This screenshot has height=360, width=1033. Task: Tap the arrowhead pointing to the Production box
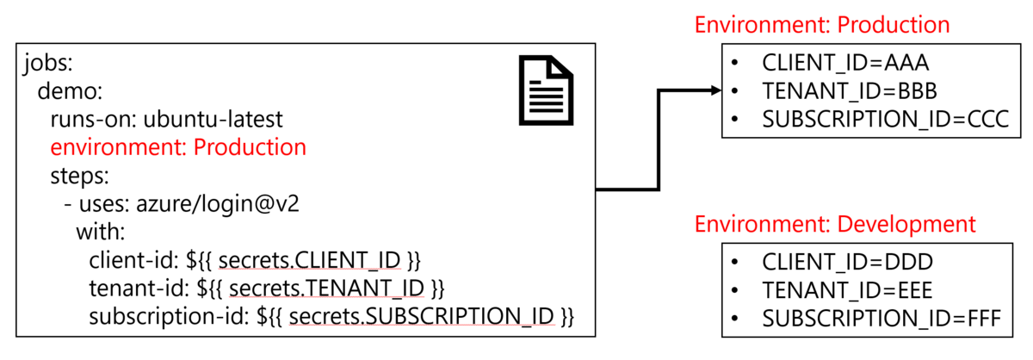click(714, 90)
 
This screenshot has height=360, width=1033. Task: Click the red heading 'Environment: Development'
click(835, 225)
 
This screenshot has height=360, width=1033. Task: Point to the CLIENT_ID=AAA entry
click(845, 63)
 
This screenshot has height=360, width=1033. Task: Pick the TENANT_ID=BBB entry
click(849, 91)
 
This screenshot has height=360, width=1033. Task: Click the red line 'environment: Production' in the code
click(178, 147)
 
